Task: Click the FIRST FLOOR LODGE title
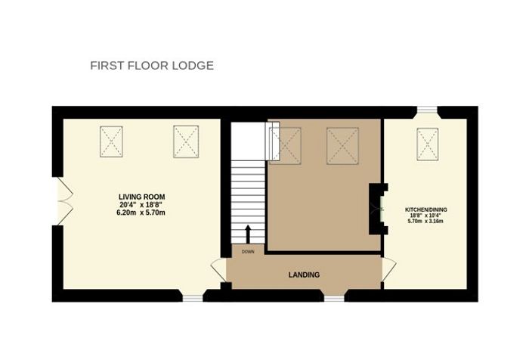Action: (x=152, y=65)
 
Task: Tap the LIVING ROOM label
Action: (x=142, y=197)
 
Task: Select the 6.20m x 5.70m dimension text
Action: (x=141, y=213)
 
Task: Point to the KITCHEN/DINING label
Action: (x=425, y=209)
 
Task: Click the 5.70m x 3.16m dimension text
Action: (x=425, y=221)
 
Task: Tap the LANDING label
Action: (x=304, y=275)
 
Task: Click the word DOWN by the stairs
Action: (x=248, y=252)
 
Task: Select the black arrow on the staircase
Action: (x=248, y=234)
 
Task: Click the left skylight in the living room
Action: (x=111, y=141)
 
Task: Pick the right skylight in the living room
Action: (x=186, y=141)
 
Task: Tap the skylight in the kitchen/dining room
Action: (x=428, y=144)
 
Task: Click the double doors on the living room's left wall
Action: (x=63, y=201)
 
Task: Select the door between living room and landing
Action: (x=218, y=270)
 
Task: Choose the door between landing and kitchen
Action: (x=388, y=269)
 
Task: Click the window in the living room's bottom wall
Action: (x=193, y=298)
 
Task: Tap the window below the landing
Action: (x=334, y=298)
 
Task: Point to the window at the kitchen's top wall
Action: (x=427, y=109)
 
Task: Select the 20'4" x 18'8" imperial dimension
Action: (x=141, y=205)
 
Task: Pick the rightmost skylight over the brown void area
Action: (x=342, y=146)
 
